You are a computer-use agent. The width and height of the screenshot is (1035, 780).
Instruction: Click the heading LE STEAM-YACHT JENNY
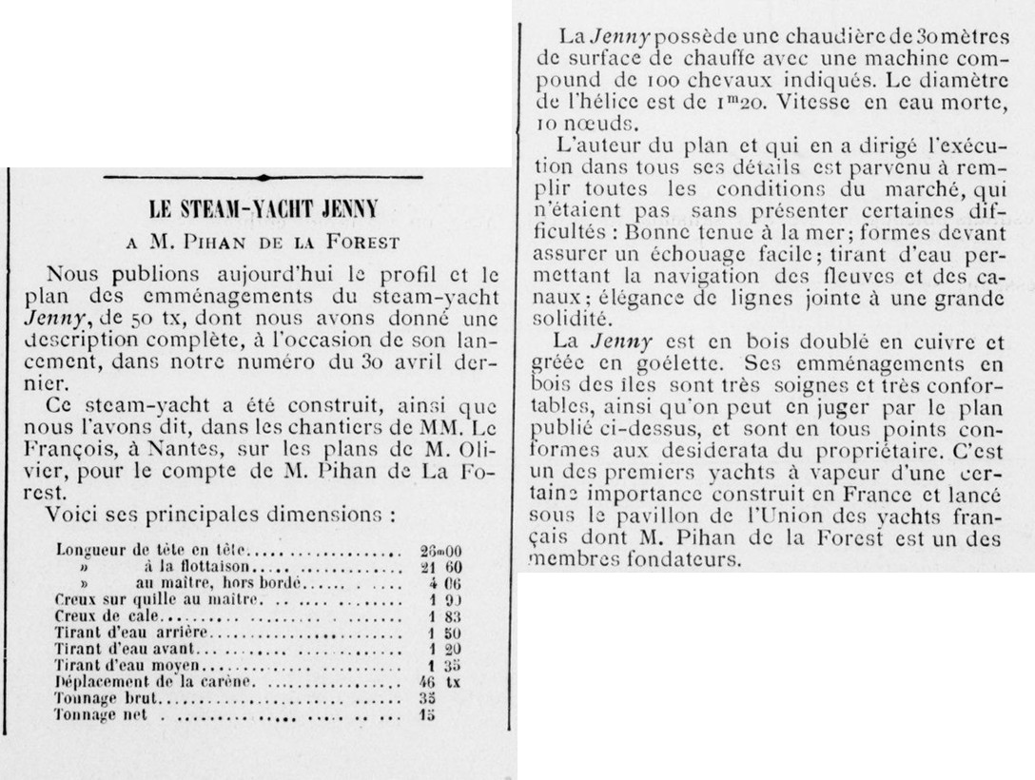coord(264,209)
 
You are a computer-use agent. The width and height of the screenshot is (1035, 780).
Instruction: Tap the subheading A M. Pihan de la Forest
coord(263,242)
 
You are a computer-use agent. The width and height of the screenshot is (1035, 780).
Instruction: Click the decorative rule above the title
coord(264,177)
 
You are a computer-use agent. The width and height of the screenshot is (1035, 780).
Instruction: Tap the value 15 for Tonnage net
coord(427,714)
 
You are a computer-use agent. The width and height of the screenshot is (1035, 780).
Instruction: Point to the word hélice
coord(625,100)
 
